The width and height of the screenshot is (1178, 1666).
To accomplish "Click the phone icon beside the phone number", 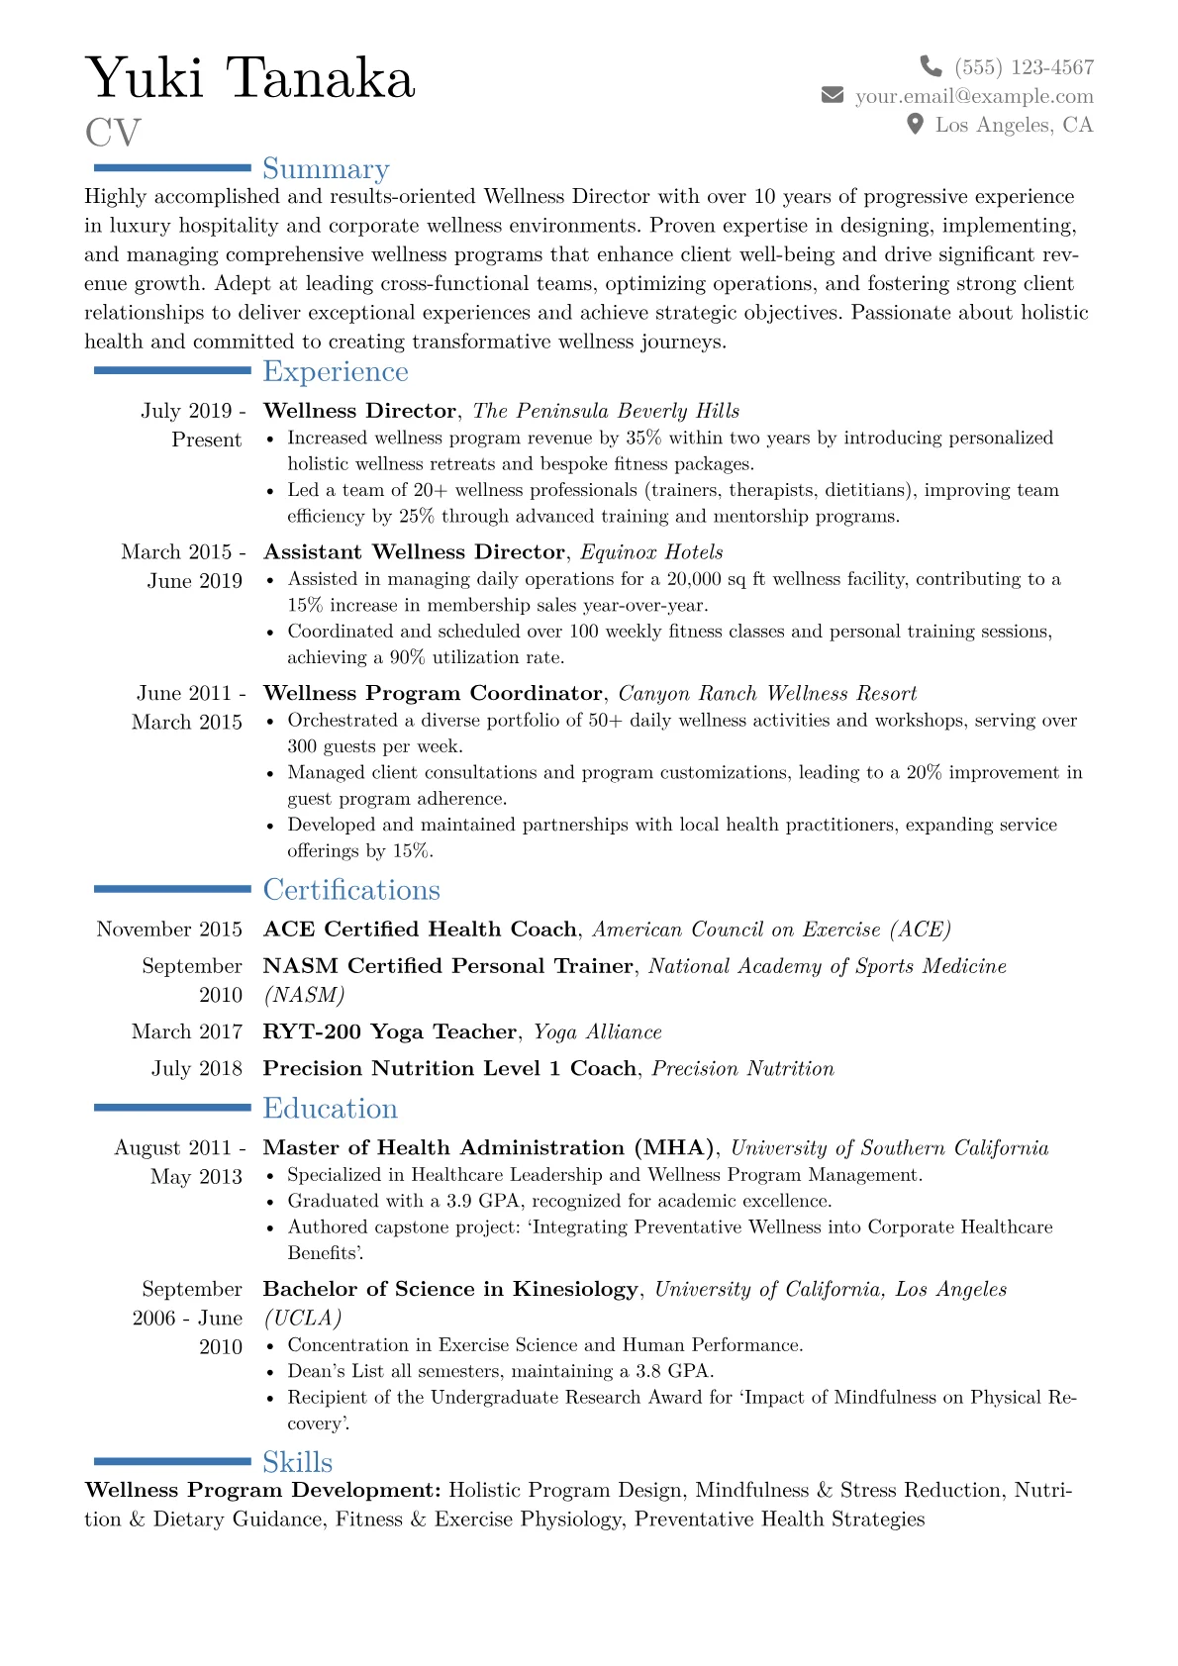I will point(931,66).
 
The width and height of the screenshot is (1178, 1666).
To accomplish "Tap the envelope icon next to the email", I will point(833,95).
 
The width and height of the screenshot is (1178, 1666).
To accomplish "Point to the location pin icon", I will point(916,124).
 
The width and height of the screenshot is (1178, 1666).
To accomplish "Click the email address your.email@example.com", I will point(974,96).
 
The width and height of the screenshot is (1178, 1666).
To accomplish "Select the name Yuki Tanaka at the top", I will point(250,78).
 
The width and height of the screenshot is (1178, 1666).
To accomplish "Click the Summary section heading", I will point(326,169).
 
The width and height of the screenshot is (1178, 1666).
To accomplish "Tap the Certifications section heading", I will point(351,890).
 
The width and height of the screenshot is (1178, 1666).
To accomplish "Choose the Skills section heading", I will point(297,1462).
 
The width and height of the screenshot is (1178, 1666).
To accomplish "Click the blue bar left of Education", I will point(172,1108).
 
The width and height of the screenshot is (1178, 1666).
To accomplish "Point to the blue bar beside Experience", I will point(172,370).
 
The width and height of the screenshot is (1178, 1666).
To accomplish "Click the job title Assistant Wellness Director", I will point(414,552).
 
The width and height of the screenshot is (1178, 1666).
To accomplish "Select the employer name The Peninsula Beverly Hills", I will point(606,411).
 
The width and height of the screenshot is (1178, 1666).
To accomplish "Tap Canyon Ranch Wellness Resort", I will point(767,693).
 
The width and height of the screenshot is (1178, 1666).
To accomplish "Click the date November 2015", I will point(169,930).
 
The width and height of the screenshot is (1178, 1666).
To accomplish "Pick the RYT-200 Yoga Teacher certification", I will point(389,1031).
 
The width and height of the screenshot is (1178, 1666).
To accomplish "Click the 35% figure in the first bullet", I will point(642,438).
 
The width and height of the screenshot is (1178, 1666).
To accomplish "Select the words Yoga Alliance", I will point(597,1031).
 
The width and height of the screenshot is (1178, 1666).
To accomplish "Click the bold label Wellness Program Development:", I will point(263,1490).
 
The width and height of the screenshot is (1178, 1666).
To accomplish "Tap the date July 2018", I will point(196,1068).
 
